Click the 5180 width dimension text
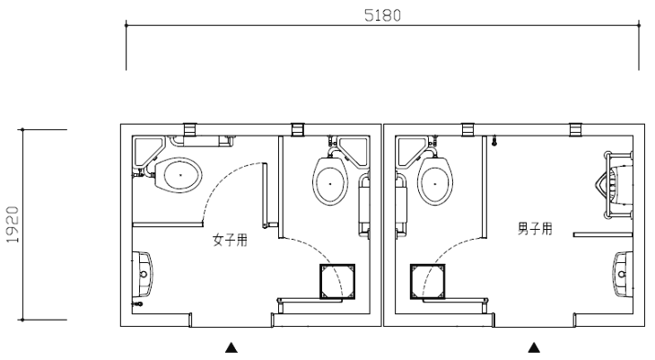[x=382, y=15]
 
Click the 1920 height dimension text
[x=13, y=224]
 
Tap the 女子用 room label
[x=230, y=240]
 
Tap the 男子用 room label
[x=535, y=229]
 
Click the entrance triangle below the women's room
[x=231, y=347]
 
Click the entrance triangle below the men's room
[x=534, y=347]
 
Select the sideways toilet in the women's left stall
[x=179, y=175]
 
